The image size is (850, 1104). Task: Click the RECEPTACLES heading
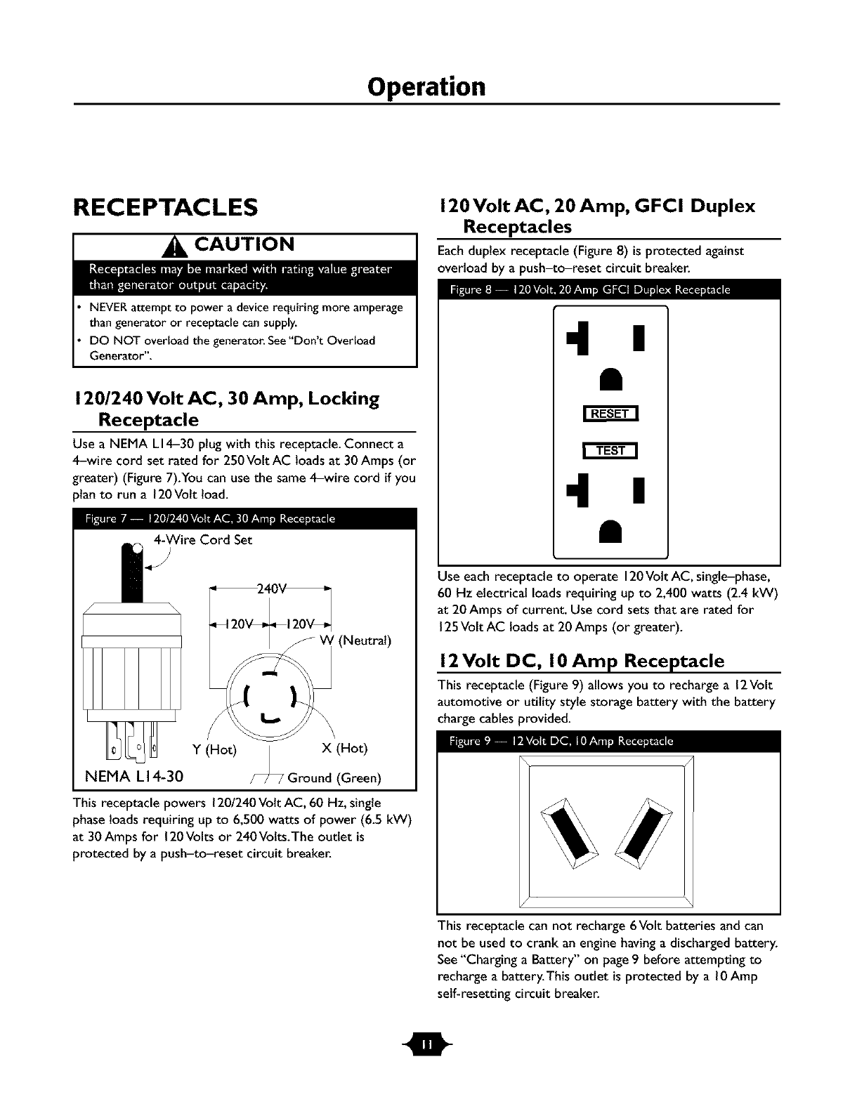[x=166, y=207]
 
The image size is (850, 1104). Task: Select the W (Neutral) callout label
[x=355, y=640]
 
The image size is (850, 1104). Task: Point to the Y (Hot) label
[x=214, y=749]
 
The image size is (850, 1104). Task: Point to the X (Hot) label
[x=344, y=748]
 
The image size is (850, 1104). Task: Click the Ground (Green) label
[x=334, y=777]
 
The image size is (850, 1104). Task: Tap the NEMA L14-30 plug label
[x=133, y=776]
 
